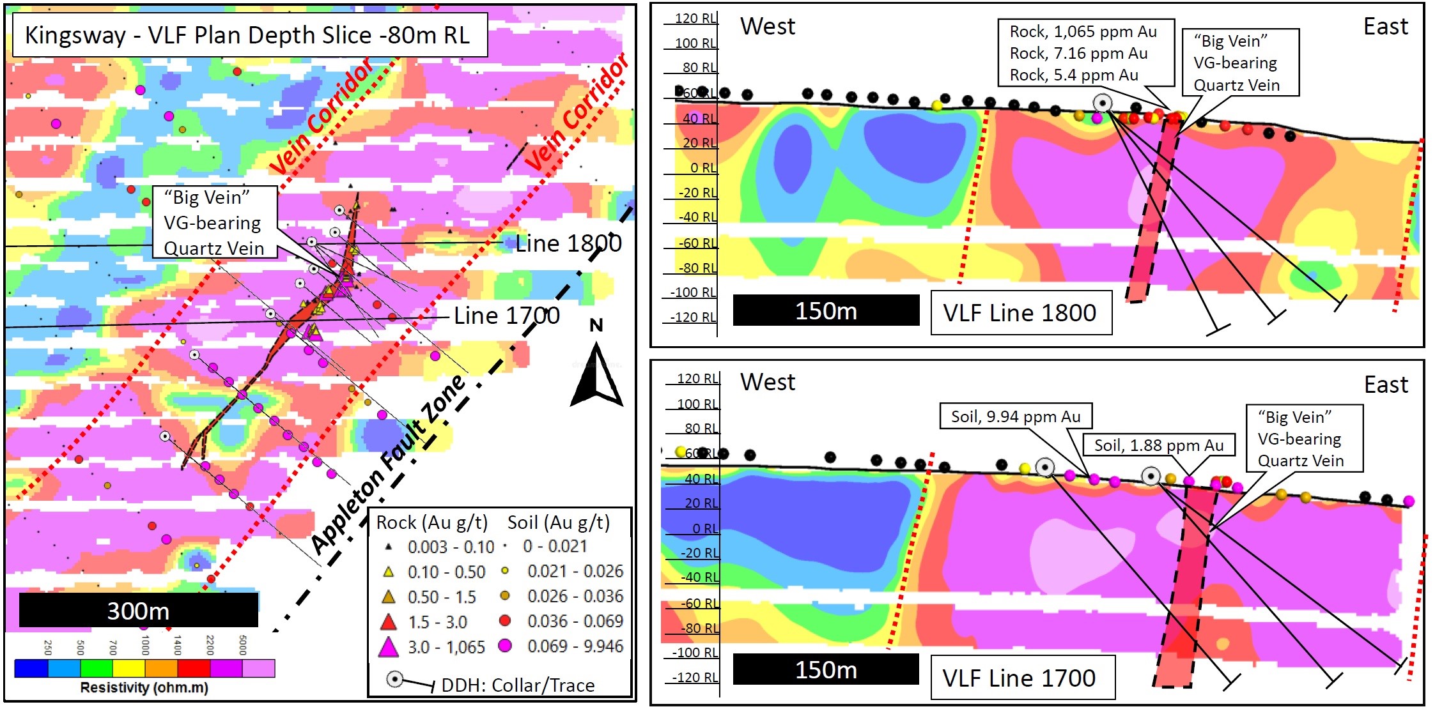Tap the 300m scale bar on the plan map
[x=138, y=610]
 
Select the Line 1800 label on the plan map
[x=568, y=243]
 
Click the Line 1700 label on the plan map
[x=506, y=316]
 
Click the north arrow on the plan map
[x=596, y=377]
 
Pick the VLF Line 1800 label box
[x=1020, y=312]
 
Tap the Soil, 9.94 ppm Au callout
[x=1015, y=416]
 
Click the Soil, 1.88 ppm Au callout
[x=1158, y=445]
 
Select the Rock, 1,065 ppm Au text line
[x=1083, y=31]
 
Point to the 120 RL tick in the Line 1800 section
[x=695, y=19]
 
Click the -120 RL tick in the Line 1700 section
[x=695, y=677]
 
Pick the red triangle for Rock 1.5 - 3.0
[x=388, y=621]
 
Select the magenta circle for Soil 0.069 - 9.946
[x=505, y=646]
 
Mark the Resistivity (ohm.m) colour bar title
[x=144, y=688]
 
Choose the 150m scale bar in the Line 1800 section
[x=826, y=310]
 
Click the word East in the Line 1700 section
[x=1386, y=385]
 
